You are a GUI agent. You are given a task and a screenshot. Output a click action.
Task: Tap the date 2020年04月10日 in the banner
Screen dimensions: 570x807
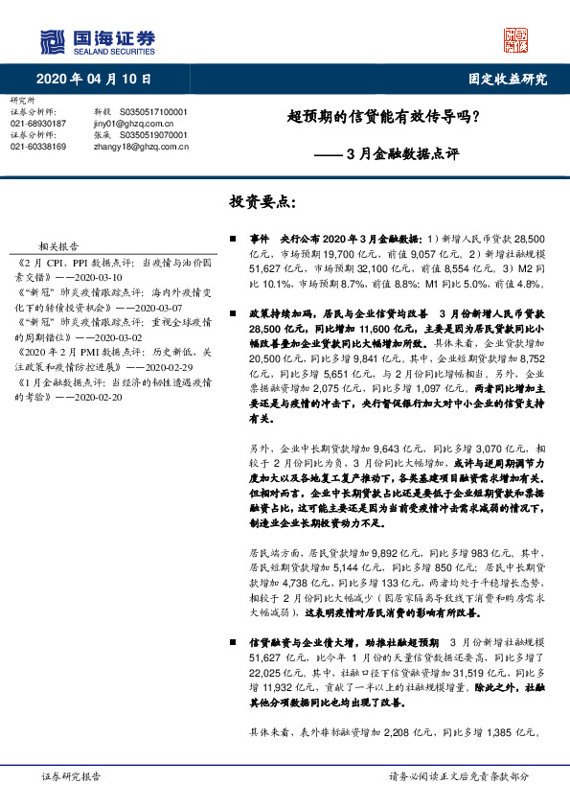pos(94,79)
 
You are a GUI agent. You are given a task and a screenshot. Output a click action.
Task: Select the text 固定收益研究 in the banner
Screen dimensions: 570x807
pos(508,79)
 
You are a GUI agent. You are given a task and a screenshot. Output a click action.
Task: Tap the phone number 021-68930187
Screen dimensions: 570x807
pos(38,124)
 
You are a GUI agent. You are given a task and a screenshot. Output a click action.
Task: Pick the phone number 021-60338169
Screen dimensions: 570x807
pos(38,147)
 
